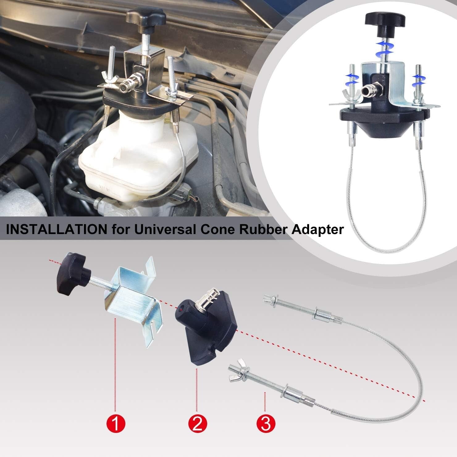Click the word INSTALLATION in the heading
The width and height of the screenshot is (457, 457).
click(52, 230)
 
